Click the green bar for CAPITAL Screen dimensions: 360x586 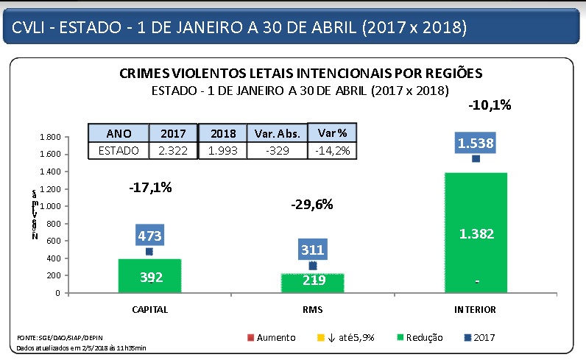coord(149,276)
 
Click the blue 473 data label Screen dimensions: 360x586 coord(149,236)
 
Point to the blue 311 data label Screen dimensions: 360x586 coord(312,250)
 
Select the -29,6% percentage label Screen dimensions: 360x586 coord(312,205)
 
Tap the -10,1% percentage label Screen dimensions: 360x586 coord(490,105)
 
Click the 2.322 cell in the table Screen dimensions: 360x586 coord(174,150)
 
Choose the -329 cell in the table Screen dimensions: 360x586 coord(276,150)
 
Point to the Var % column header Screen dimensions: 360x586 coord(332,133)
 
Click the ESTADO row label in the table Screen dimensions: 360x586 coord(119,150)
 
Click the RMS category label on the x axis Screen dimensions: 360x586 coord(312,309)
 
